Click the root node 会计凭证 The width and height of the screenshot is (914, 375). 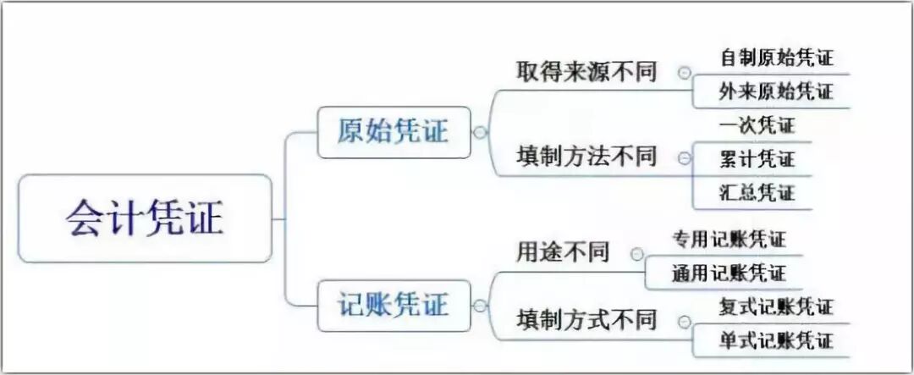pos(145,218)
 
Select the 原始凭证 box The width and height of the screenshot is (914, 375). pos(394,132)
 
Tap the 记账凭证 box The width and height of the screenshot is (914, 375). pos(394,305)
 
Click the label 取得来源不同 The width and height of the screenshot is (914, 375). pos(586,73)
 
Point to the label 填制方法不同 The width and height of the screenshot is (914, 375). pos(586,157)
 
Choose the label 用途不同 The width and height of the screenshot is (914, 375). pos(563,252)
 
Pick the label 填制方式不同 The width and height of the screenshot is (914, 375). pos(586,319)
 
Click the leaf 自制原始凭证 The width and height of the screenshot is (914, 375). pos(776,58)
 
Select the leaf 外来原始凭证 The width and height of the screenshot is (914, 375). pos(776,91)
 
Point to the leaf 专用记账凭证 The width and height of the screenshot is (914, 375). pos(729,240)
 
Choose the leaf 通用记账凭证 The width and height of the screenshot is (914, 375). pos(729,273)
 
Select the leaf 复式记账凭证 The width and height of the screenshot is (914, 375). pos(776,307)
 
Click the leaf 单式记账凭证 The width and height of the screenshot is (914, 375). pos(776,340)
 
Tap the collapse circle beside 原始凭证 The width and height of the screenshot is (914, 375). pos(480,133)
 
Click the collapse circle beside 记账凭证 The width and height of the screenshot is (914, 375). pos(480,306)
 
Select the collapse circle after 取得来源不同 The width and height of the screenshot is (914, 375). pos(684,74)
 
